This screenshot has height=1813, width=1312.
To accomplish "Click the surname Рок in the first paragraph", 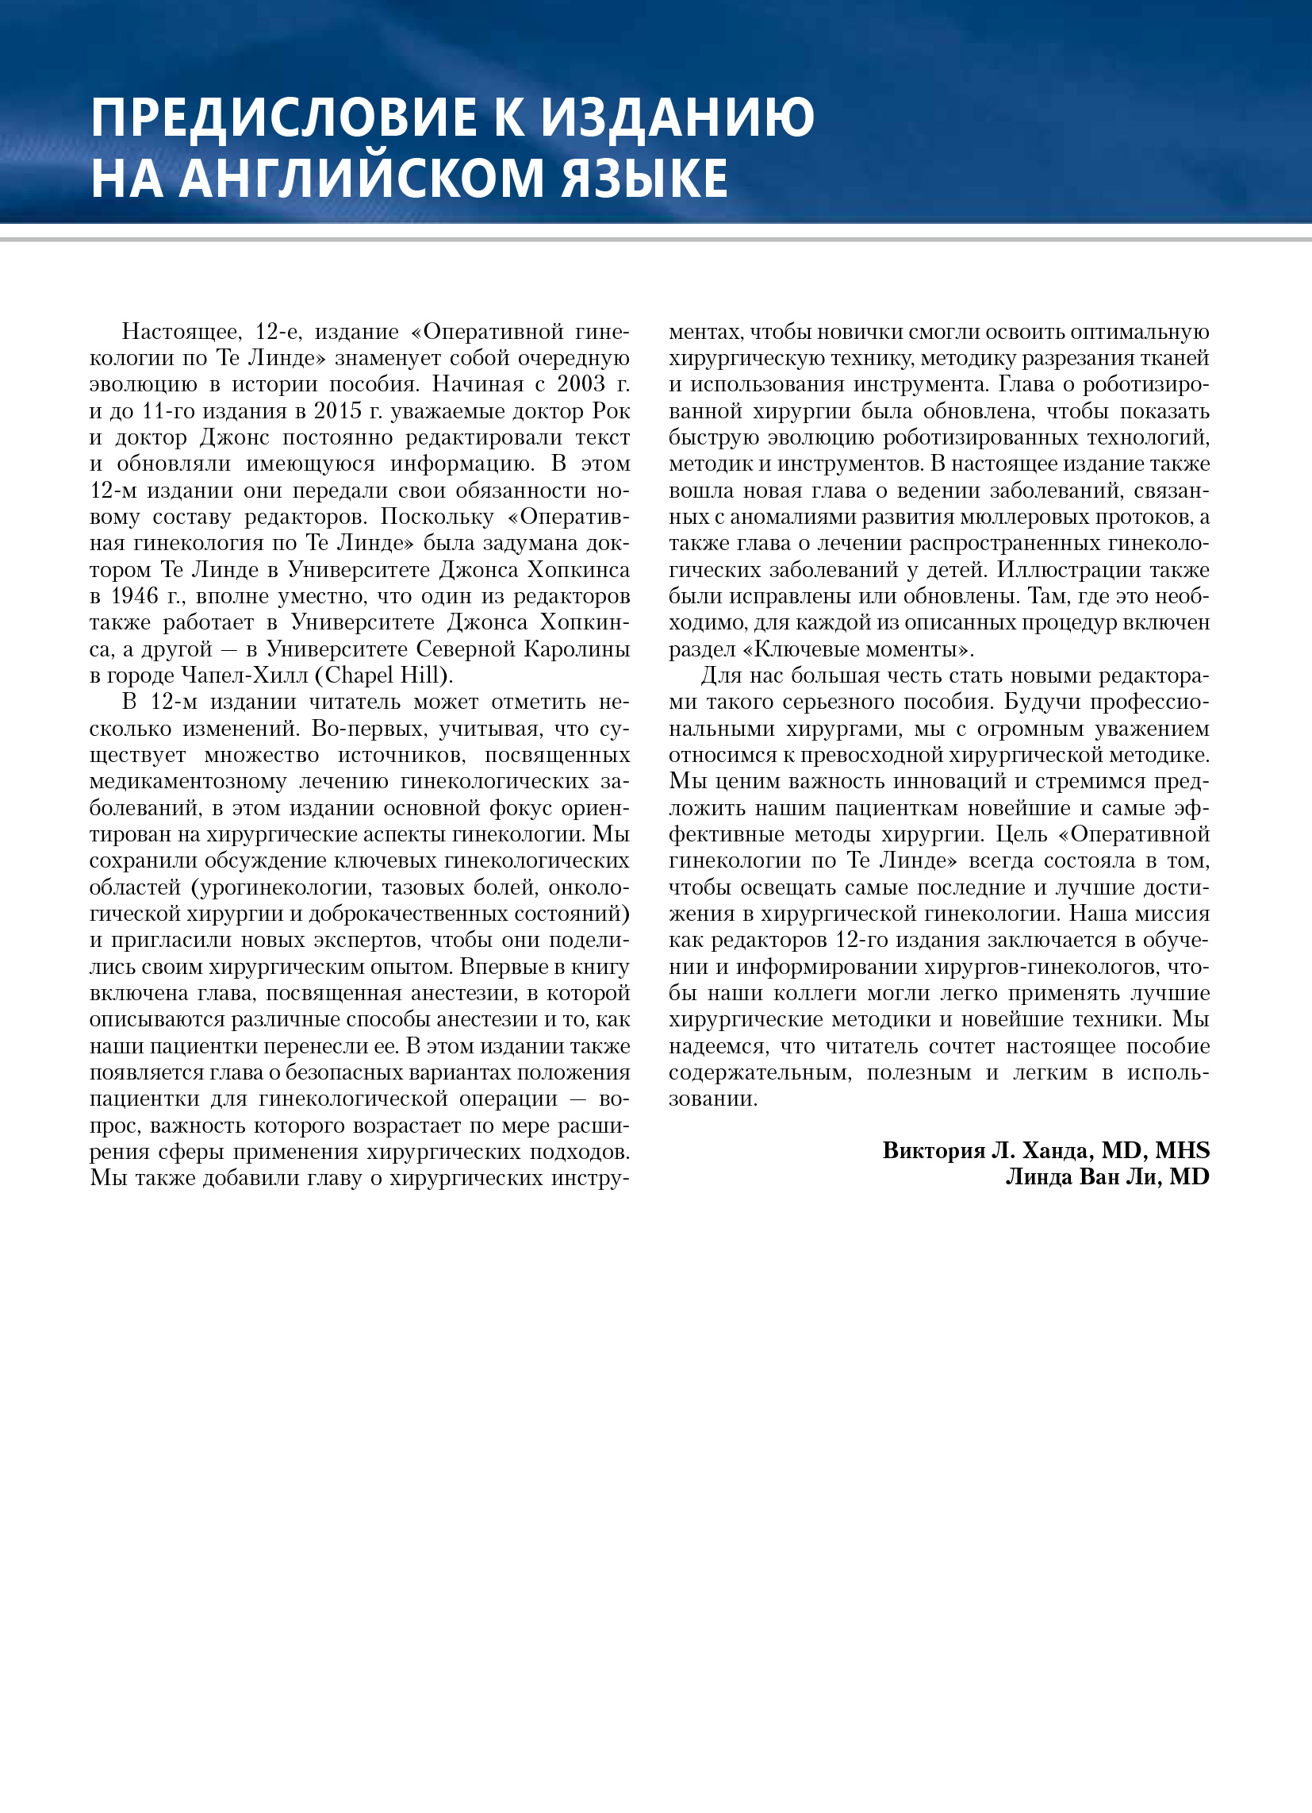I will coord(612,411).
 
